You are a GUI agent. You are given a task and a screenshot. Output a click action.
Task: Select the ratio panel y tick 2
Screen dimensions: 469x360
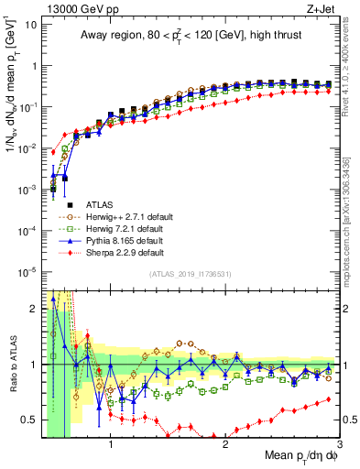tap(33, 309)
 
